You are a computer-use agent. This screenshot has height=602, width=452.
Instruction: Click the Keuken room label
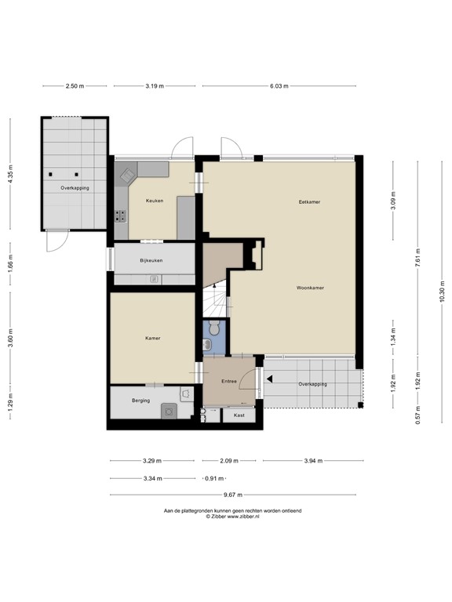pyautogui.click(x=155, y=201)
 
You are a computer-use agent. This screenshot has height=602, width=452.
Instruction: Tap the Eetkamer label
pyautogui.click(x=309, y=201)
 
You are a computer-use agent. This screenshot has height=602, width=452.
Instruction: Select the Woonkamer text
pyautogui.click(x=310, y=288)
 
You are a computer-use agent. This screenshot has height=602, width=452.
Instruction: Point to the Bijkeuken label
pyautogui.click(x=151, y=260)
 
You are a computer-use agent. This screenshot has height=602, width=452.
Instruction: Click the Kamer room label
pyautogui.click(x=152, y=339)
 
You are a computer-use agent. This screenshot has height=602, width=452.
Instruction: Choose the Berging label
pyautogui.click(x=140, y=401)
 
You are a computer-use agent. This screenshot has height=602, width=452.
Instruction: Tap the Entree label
pyautogui.click(x=229, y=381)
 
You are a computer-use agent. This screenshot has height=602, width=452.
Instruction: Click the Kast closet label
pyautogui.click(x=239, y=415)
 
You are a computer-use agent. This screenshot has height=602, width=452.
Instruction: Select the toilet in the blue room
pyautogui.click(x=214, y=328)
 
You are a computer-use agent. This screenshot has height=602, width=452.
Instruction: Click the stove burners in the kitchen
pyautogui.click(x=121, y=216)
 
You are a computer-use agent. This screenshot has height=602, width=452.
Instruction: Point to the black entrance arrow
pyautogui.click(x=270, y=379)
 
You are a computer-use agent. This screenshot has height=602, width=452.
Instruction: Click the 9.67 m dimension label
pyautogui.click(x=233, y=495)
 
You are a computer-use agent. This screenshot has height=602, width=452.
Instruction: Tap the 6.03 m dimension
pyautogui.click(x=279, y=86)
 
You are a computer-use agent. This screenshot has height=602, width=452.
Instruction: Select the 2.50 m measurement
pyautogui.click(x=75, y=86)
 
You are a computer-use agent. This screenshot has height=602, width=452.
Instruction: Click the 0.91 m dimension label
pyautogui.click(x=214, y=478)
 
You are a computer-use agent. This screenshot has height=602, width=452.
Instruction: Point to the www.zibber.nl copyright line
pyautogui.click(x=232, y=517)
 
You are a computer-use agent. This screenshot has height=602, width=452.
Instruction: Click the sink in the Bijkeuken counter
pyautogui.click(x=155, y=279)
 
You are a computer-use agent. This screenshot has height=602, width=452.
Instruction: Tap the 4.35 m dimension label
pyautogui.click(x=10, y=173)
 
